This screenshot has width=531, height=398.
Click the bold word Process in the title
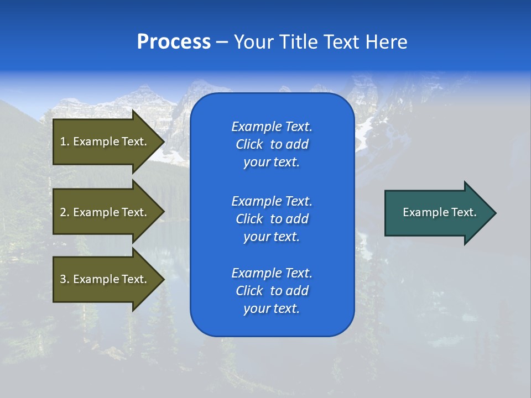click(174, 42)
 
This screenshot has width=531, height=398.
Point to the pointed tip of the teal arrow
click(494, 213)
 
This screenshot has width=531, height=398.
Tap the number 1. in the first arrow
click(65, 142)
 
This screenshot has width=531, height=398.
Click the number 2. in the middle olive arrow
click(65, 212)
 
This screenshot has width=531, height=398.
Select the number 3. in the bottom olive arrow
click(65, 279)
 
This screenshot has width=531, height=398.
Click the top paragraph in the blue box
click(272, 144)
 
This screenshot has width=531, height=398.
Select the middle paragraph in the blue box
click(272, 219)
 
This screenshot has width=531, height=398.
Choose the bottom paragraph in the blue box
click(272, 291)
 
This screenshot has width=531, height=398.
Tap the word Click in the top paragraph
click(249, 144)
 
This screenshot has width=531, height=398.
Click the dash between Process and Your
click(222, 43)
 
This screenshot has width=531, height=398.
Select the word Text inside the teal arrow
click(464, 212)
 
